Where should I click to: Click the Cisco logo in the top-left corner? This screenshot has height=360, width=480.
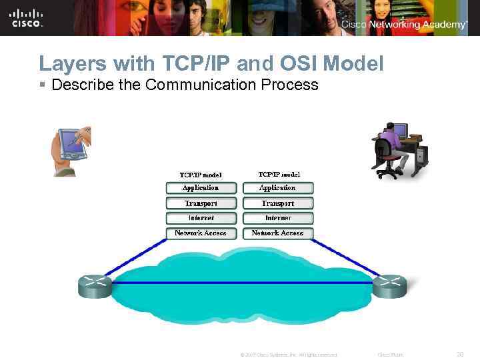[x=27, y=17]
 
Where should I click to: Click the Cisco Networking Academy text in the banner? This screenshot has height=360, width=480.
[x=404, y=25]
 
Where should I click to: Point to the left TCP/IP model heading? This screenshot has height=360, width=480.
[x=199, y=175]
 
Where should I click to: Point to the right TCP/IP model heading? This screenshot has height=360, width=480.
[x=278, y=174]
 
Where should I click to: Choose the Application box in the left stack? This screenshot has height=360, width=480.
[x=201, y=188]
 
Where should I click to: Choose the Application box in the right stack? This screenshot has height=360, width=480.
[x=277, y=188]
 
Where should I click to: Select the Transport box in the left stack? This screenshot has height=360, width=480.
[x=201, y=203]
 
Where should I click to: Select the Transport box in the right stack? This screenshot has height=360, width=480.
[x=277, y=203]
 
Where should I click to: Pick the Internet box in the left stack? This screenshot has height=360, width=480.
[x=201, y=218]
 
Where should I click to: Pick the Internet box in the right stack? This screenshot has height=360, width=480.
[x=277, y=218]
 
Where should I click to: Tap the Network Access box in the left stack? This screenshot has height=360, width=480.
[x=201, y=233]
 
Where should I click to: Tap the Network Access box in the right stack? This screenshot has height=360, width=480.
[x=277, y=233]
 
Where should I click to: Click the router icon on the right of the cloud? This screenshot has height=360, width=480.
[x=389, y=285]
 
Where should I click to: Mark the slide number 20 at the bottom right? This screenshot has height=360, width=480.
[x=459, y=355]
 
